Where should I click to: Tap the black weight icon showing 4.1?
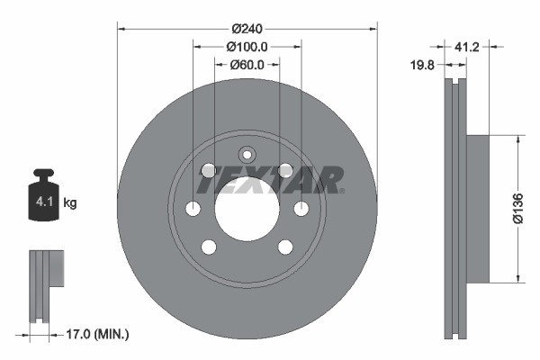43,193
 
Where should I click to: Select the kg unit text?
70,203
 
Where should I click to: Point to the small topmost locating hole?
247,154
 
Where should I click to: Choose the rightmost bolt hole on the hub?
301,209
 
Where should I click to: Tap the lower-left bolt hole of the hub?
209,247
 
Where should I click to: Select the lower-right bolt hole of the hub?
286,247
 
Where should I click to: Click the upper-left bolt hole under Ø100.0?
209,170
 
